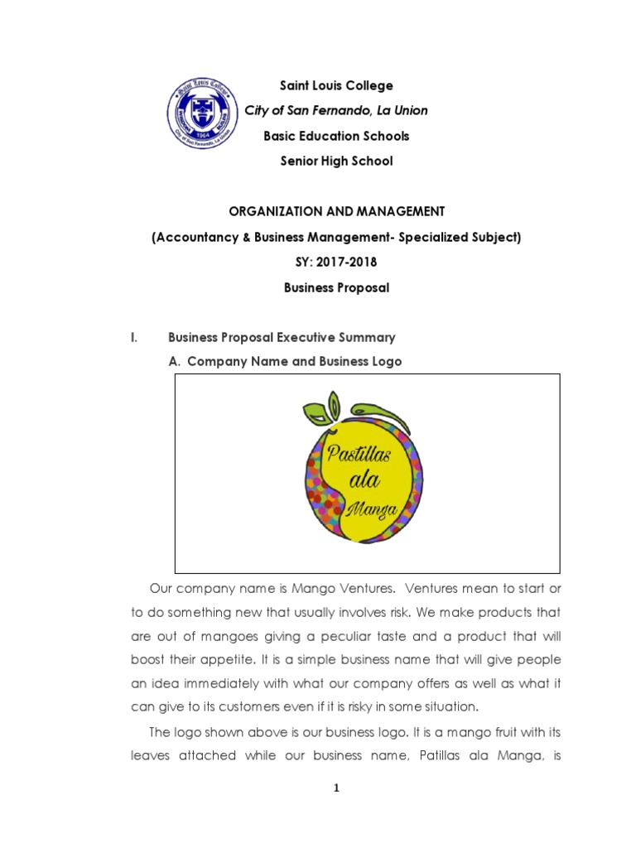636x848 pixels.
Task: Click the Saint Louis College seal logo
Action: click(x=203, y=115)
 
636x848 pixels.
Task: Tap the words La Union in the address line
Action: click(x=402, y=110)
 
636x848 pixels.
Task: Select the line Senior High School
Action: click(x=335, y=161)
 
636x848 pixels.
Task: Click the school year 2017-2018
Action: click(x=346, y=263)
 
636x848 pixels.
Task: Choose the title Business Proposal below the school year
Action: click(x=335, y=288)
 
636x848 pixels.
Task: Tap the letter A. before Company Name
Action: click(x=174, y=362)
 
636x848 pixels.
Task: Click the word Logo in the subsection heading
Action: click(x=385, y=362)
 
